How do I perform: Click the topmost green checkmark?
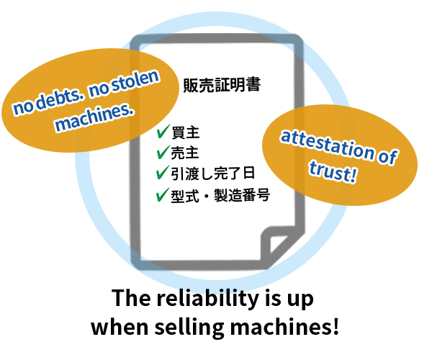pos(163,131)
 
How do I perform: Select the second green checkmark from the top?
pos(163,152)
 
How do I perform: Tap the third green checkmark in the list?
pos(163,173)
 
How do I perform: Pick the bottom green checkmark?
pos(163,194)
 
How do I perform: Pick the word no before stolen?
pos(98,92)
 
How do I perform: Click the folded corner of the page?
pos(277,241)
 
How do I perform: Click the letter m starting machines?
pos(62,125)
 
